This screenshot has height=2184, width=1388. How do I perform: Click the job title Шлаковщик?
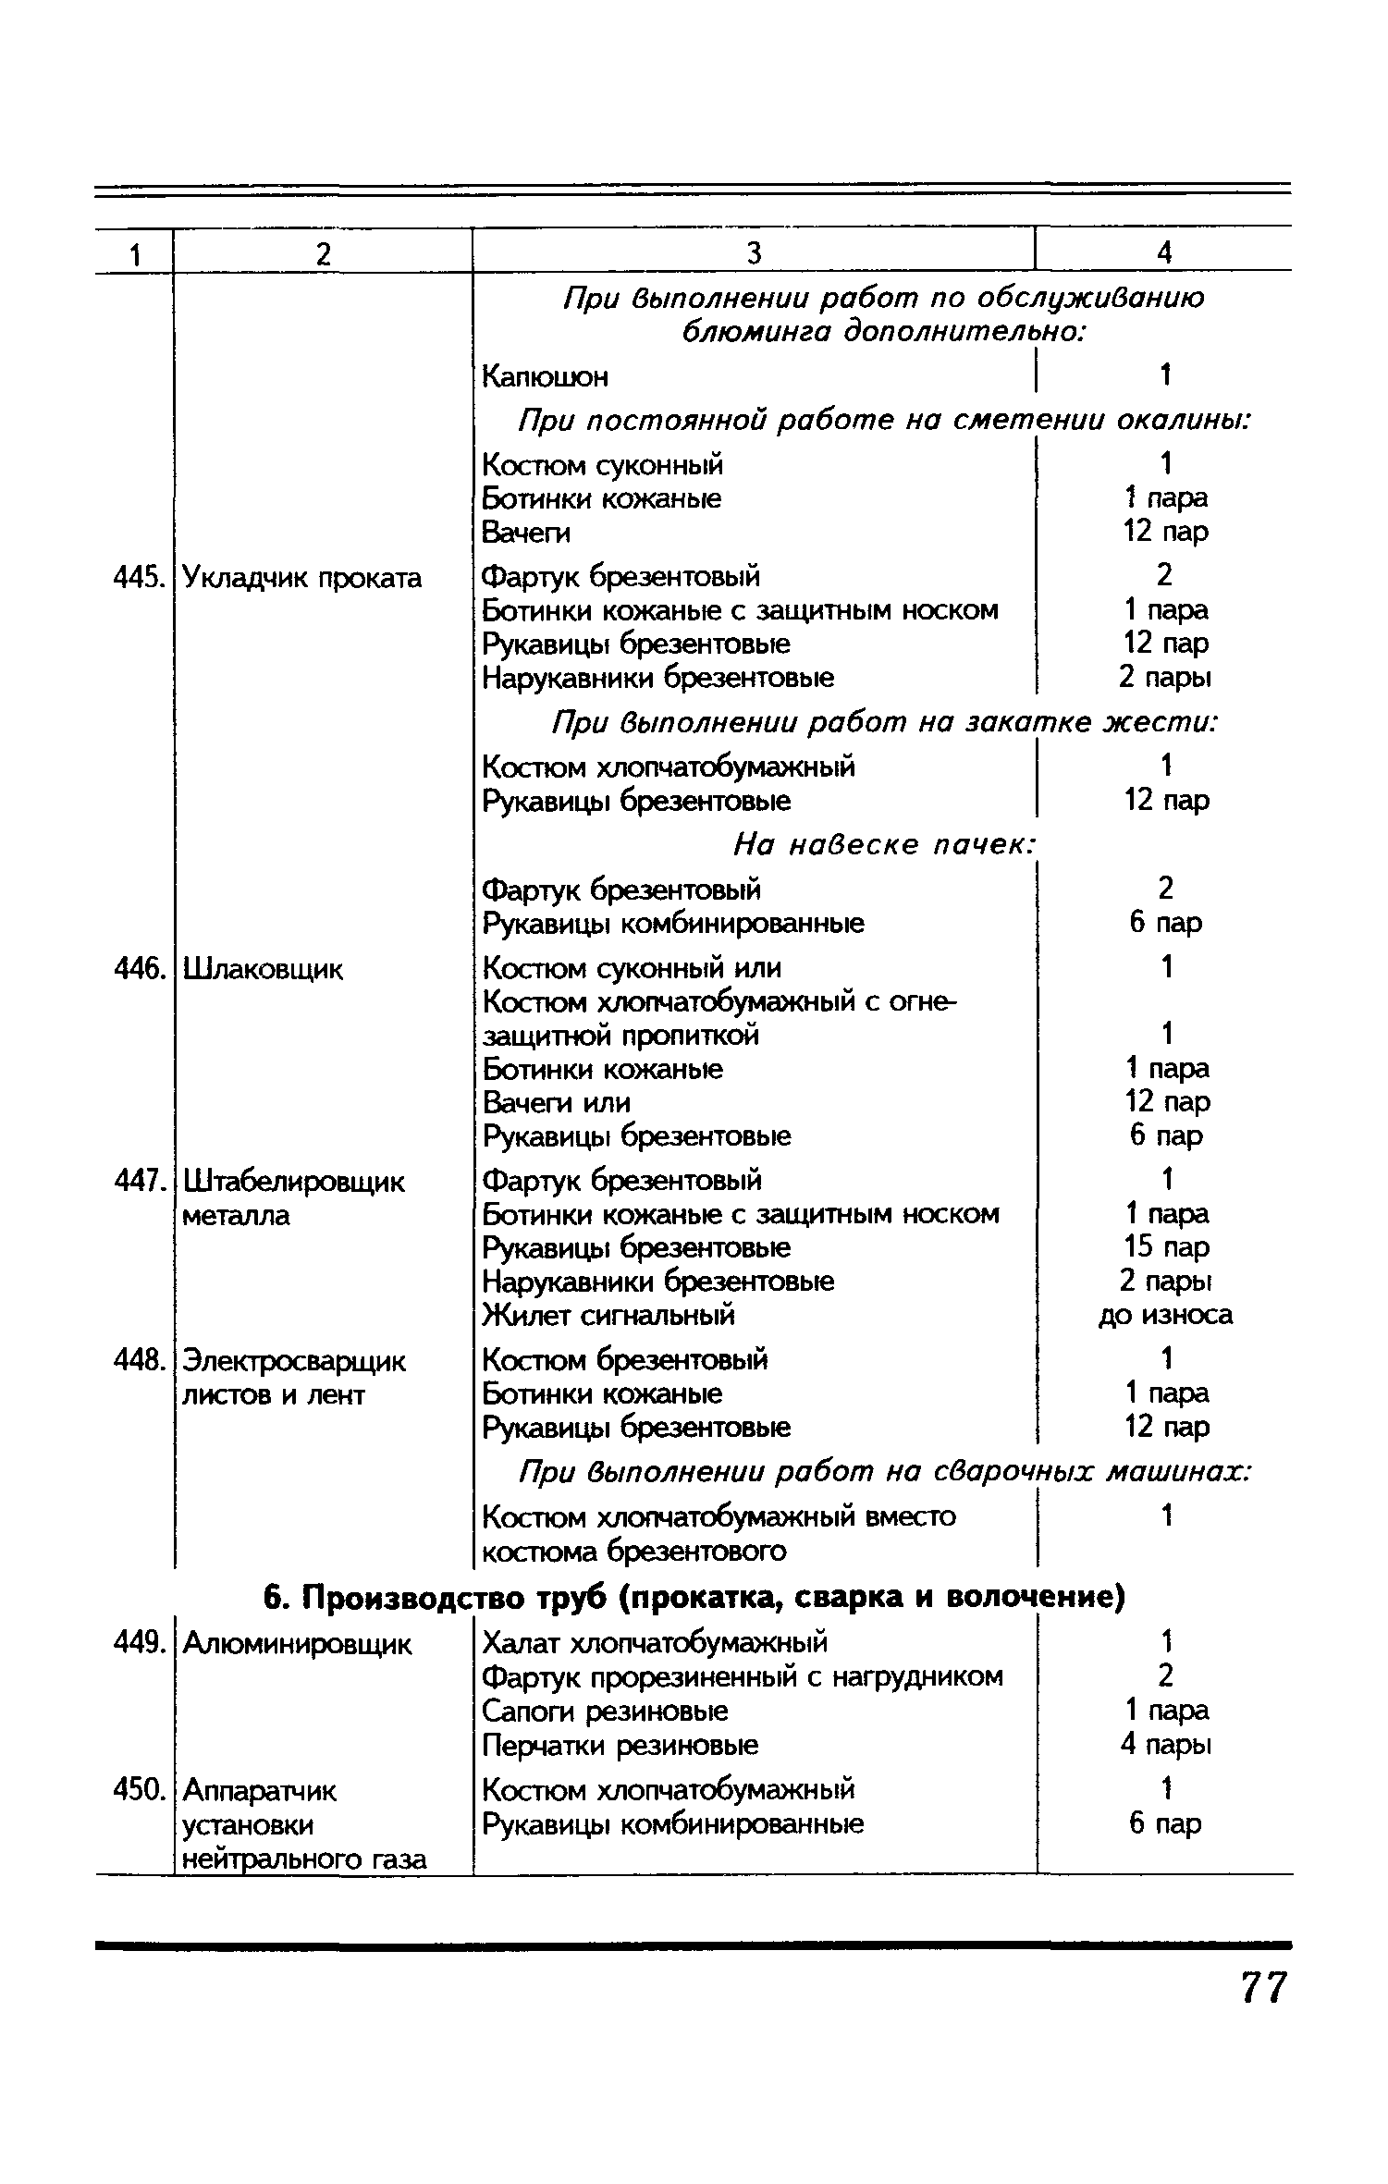(x=263, y=969)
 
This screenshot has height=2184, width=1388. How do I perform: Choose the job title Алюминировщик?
(x=297, y=1643)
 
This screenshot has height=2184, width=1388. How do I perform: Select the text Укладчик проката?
(x=301, y=578)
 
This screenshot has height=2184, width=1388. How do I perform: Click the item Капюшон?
(x=546, y=376)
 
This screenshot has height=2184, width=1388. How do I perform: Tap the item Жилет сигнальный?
(x=609, y=1314)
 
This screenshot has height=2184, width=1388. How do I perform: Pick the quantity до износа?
(x=1165, y=1314)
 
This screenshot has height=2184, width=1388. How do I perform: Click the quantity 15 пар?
(x=1165, y=1246)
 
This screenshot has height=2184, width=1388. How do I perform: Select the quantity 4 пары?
(x=1165, y=1745)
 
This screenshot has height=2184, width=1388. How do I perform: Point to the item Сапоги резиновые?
(x=605, y=1711)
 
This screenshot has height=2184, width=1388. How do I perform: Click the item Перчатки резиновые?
(x=620, y=1745)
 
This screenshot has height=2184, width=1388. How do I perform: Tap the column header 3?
(x=754, y=252)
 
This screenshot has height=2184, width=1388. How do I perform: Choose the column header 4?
(x=1164, y=252)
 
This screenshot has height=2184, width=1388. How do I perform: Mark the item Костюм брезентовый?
(x=625, y=1359)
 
